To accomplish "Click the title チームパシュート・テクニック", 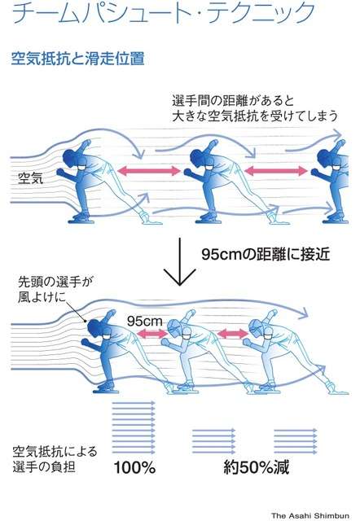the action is pos(163,13).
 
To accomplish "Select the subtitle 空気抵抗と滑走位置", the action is pos(78,58).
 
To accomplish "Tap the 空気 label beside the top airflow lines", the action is pos(31,178).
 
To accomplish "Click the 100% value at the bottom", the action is pos(134,467).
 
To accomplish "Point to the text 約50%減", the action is pos(257,467).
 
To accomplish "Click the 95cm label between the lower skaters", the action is pos(145,321).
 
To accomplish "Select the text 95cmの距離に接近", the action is pos(266,254).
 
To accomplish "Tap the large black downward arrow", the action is pos(179,262).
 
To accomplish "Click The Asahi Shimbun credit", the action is pos(310,515).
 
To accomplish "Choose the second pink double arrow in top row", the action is pos(276,171).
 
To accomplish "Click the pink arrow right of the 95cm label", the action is pos(152,333).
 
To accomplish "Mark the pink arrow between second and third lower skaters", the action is pos(233,333).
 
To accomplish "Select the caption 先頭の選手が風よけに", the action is pos(55,289).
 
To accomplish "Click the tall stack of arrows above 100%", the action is pos(134,427).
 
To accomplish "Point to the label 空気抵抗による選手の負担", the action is pos(55,459).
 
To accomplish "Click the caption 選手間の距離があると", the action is pos(233,100).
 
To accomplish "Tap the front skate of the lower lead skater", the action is pos(107,387).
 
